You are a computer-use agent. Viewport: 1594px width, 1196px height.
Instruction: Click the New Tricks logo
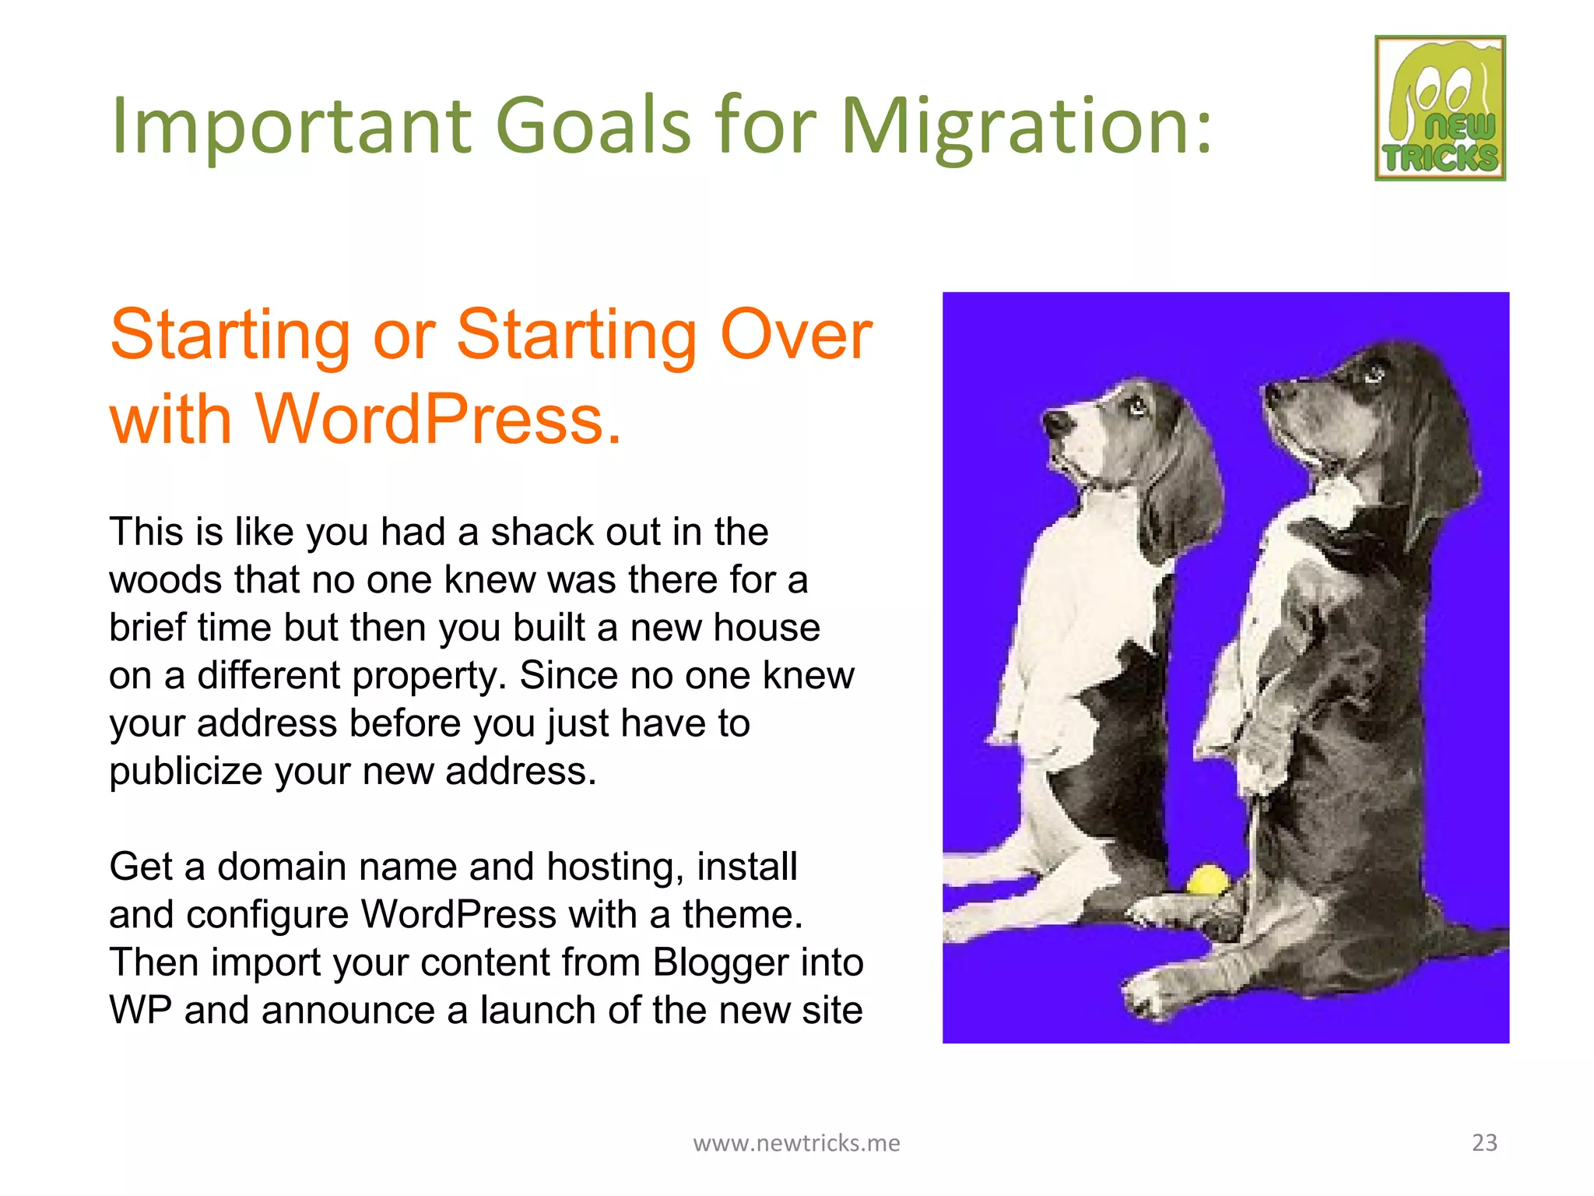click(x=1440, y=108)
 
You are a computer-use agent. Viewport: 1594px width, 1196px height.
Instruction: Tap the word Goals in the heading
click(x=593, y=125)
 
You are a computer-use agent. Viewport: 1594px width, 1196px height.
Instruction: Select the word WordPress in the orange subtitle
click(x=438, y=420)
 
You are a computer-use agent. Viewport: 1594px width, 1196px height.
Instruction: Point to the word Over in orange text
click(x=795, y=335)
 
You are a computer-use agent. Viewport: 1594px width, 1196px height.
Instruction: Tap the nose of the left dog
click(x=1057, y=424)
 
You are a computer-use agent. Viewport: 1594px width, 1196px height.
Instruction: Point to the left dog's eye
click(x=1138, y=405)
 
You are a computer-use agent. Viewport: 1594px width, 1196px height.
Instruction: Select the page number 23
click(x=1484, y=1142)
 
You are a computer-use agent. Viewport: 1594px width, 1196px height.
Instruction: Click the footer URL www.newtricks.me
click(x=796, y=1143)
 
